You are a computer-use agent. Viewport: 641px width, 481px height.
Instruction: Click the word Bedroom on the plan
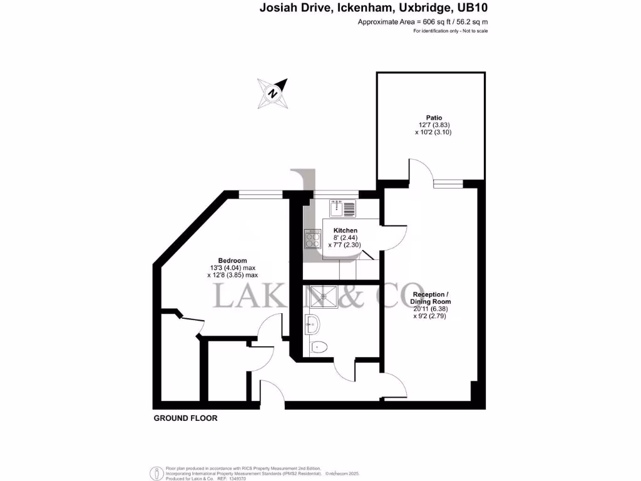(232, 261)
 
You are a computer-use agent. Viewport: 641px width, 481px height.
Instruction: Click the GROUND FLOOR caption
(185, 418)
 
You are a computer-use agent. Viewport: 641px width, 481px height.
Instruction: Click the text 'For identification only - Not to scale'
(450, 31)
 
